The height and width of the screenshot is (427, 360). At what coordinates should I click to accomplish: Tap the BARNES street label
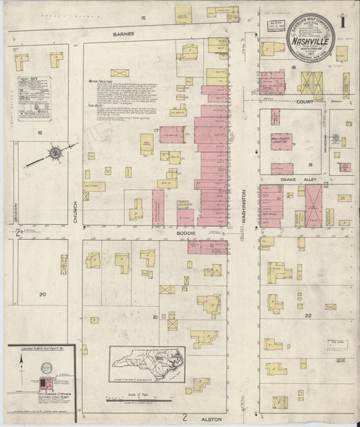124,33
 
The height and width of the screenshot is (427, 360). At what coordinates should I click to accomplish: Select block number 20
43,295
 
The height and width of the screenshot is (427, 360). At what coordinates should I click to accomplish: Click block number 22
308,316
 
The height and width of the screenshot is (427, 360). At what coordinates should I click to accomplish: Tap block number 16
41,134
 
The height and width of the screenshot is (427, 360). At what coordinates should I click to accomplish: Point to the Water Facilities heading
99,80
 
